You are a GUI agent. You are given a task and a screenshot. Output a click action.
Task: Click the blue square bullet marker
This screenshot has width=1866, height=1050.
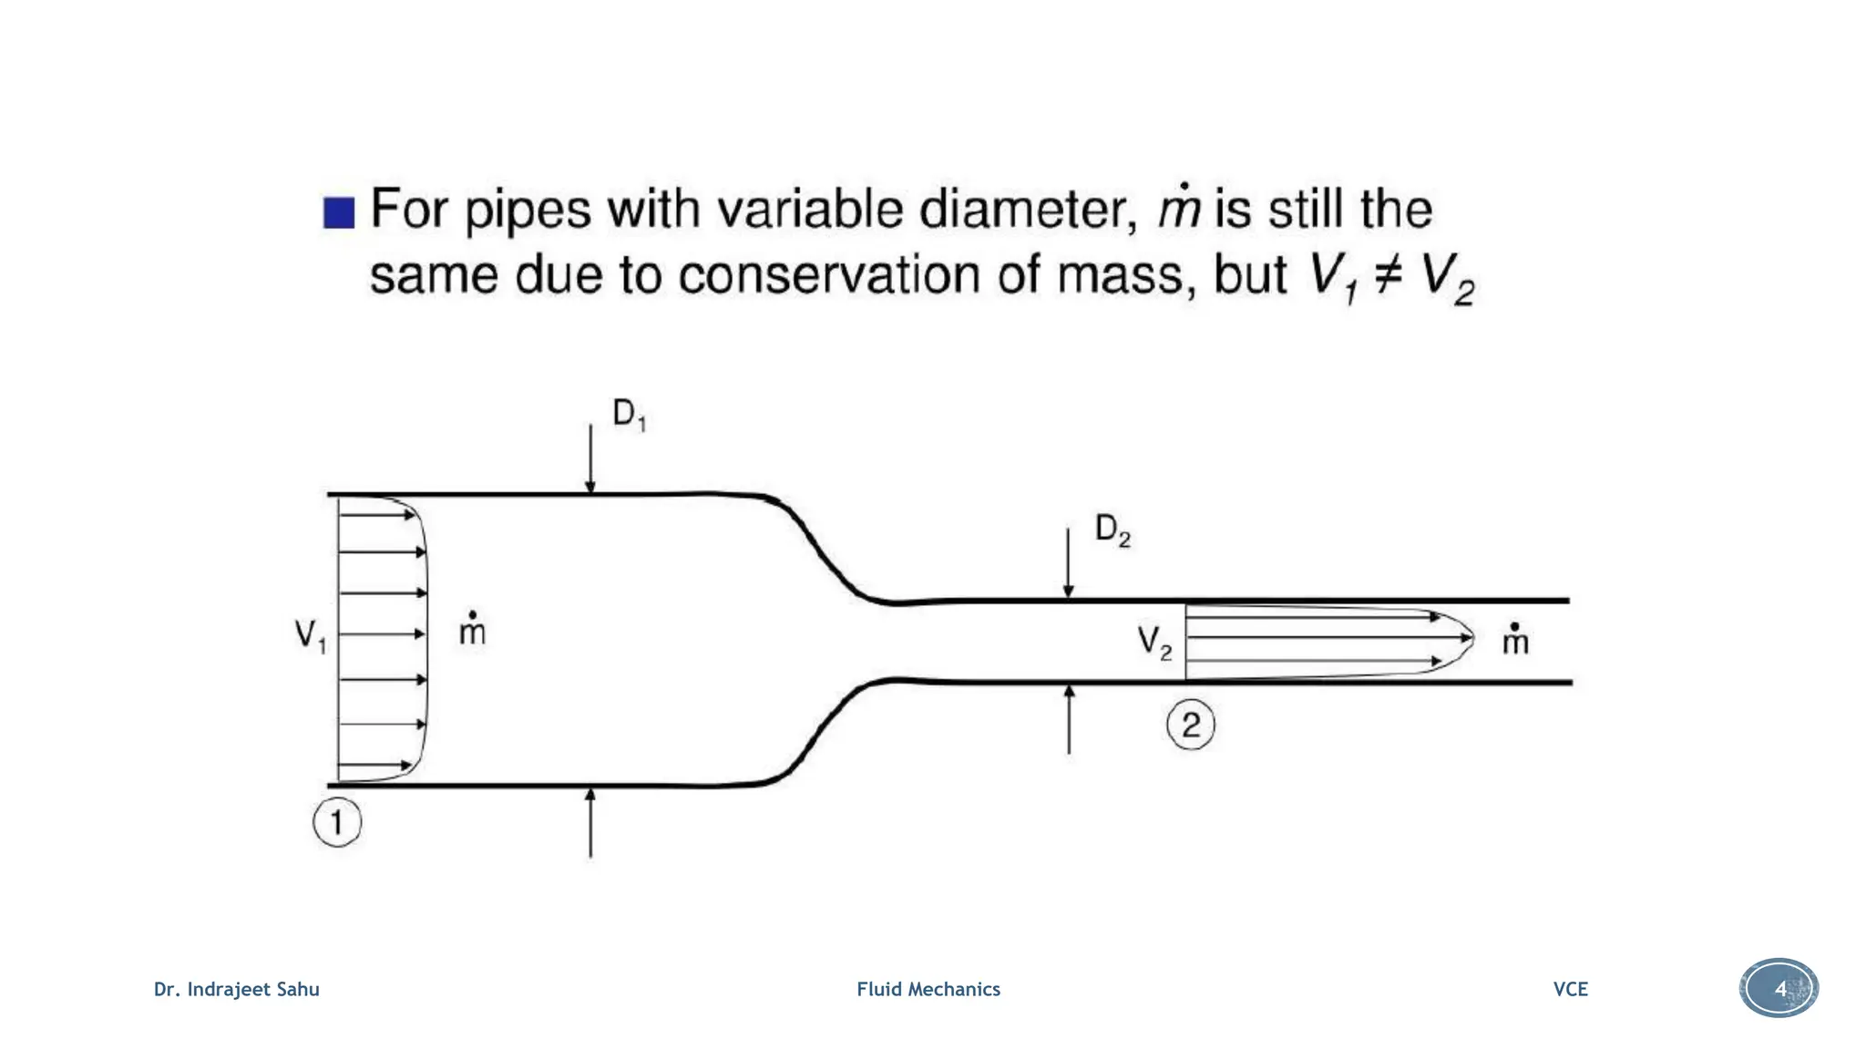(x=339, y=212)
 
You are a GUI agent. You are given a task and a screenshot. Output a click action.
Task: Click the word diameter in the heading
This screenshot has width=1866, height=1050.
(x=1027, y=210)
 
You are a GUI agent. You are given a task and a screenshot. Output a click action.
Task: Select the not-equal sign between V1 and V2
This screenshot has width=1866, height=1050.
(x=1388, y=275)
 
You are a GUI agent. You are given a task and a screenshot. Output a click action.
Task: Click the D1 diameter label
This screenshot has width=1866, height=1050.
(x=629, y=415)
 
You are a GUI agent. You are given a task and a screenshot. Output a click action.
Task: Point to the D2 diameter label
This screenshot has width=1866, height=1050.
(x=1112, y=530)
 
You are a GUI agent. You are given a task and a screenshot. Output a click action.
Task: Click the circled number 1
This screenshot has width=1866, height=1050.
(x=337, y=823)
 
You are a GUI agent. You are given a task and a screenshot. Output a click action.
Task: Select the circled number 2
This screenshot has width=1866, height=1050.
(x=1191, y=726)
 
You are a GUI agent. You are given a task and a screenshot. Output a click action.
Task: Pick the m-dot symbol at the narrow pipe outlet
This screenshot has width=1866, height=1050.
(x=1514, y=640)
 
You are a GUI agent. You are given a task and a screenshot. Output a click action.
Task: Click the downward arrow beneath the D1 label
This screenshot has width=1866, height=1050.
(x=590, y=459)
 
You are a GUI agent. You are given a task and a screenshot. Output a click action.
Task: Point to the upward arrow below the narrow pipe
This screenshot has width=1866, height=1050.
(x=1069, y=720)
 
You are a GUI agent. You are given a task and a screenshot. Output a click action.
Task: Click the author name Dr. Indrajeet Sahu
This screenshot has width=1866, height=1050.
(x=237, y=990)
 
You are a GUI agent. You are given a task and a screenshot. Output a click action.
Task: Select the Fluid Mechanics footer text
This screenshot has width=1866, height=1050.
(x=928, y=990)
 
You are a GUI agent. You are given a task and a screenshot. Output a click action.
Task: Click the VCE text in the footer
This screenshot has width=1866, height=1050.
(x=1570, y=990)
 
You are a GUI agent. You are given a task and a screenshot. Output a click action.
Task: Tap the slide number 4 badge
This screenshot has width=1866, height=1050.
(x=1779, y=989)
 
